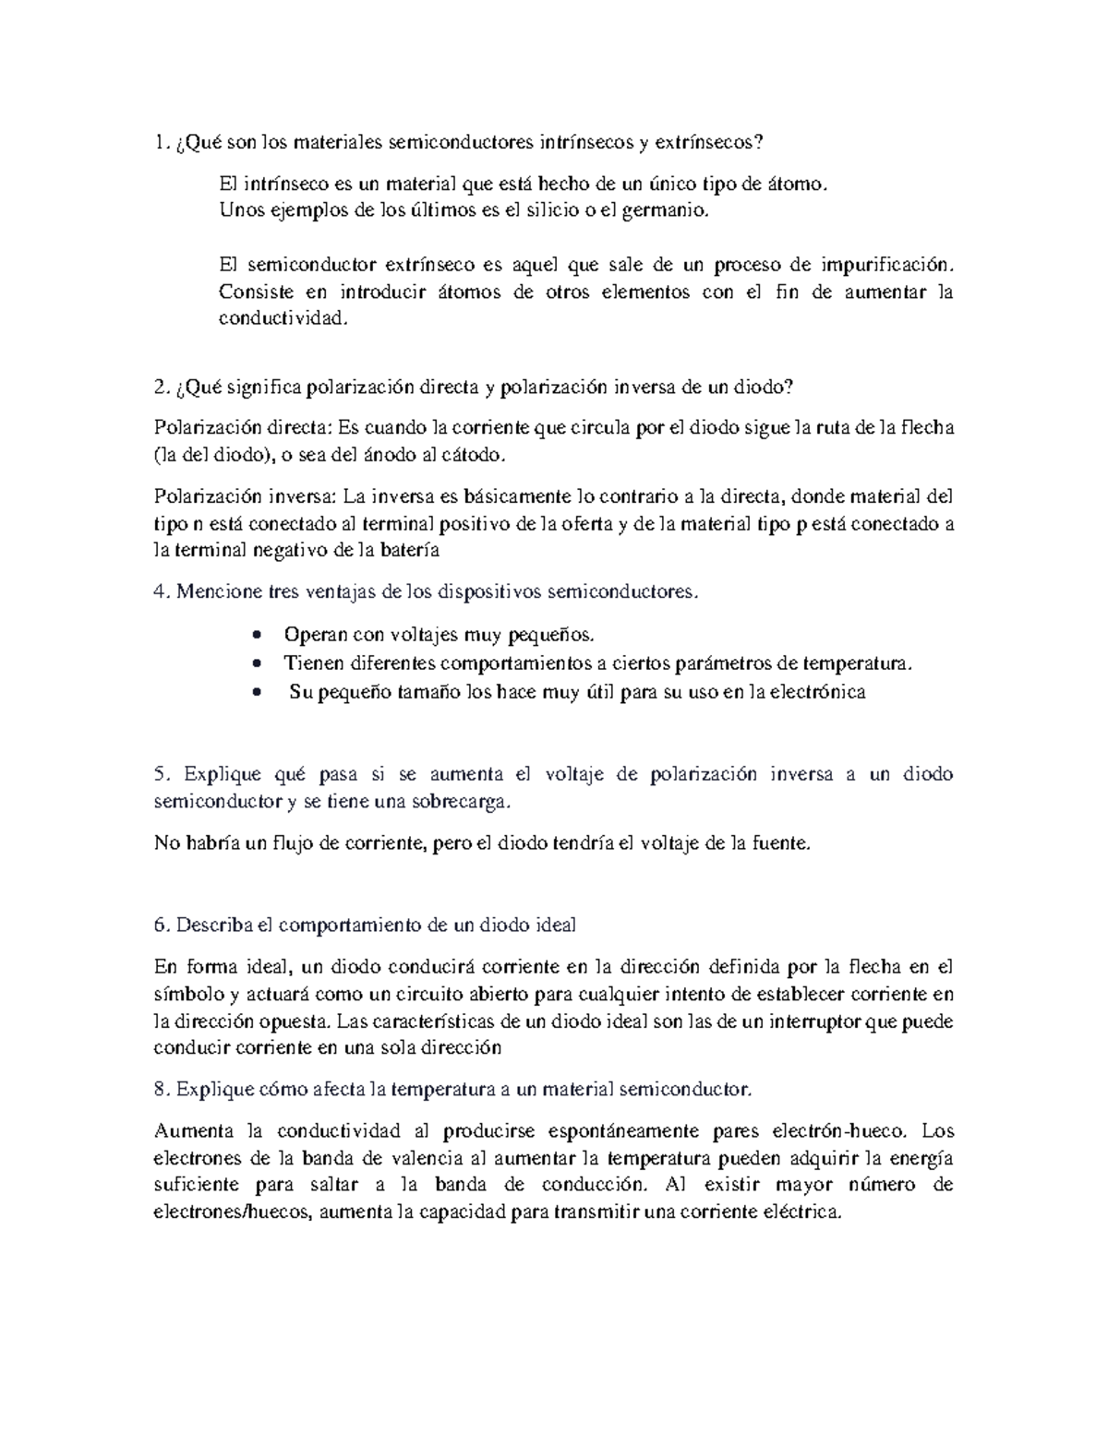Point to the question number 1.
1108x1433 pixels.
click(x=162, y=143)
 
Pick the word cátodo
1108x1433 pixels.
click(x=477, y=455)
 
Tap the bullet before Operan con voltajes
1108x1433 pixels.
click(x=258, y=636)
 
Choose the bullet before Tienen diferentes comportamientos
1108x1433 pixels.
click(x=258, y=663)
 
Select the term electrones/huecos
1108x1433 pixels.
click(x=235, y=1213)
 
